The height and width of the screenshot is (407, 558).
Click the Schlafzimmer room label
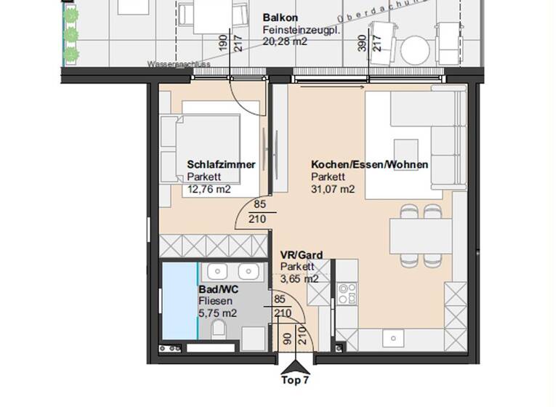tap(221, 165)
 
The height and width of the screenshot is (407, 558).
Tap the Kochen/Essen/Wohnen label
tap(369, 165)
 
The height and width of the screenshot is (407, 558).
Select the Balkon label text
tap(280, 17)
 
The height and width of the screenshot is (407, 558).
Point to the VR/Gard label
tap(302, 255)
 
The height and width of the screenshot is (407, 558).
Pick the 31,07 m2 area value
tap(333, 190)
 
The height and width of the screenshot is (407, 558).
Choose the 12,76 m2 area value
tap(209, 190)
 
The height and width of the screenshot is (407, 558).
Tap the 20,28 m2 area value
tap(285, 42)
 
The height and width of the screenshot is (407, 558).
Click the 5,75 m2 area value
tap(218, 313)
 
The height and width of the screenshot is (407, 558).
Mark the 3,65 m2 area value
tap(299, 278)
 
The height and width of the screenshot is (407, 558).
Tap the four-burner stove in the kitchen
tap(347, 293)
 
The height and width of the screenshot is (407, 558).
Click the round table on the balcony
tap(416, 51)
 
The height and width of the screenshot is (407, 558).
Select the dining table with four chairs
tap(421, 235)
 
